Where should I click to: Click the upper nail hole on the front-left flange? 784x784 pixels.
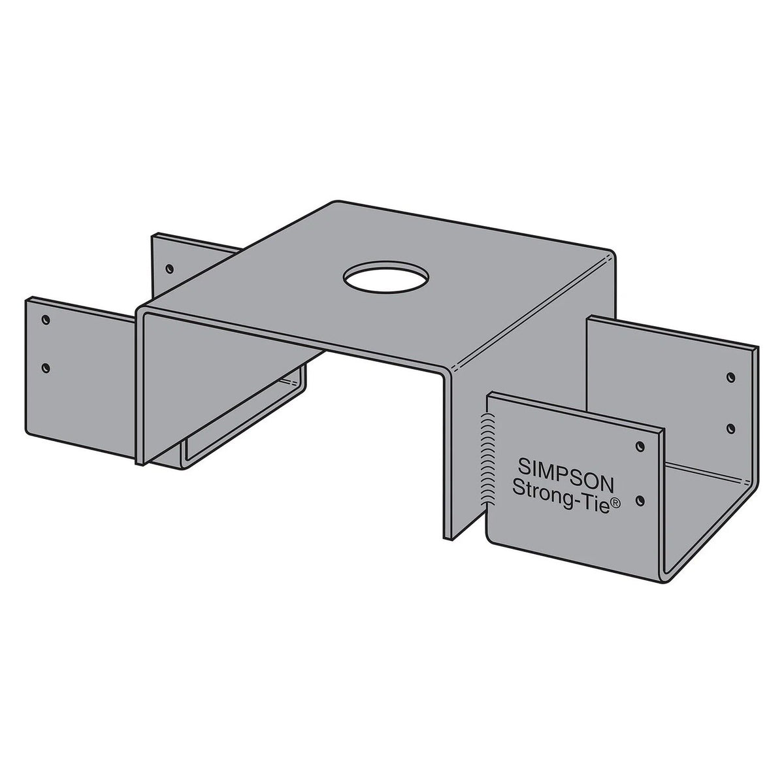[x=45, y=319]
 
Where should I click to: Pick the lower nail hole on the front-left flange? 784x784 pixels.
[x=45, y=368]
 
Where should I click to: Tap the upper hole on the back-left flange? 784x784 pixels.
[x=169, y=268]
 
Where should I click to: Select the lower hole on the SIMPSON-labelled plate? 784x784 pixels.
[x=641, y=500]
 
